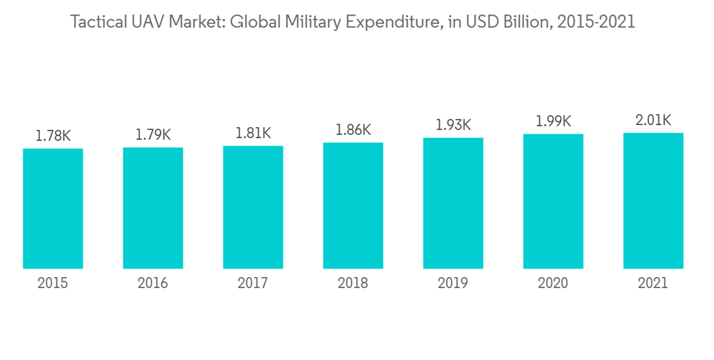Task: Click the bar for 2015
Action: coord(53,209)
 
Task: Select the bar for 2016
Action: coord(153,208)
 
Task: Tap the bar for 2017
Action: coord(253,207)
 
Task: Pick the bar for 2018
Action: coord(353,206)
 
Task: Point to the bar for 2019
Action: coord(453,204)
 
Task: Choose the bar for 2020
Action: coord(553,201)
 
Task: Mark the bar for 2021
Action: coord(653,201)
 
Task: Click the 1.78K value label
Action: coord(53,135)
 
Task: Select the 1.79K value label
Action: coord(153,134)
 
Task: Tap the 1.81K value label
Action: coord(253,133)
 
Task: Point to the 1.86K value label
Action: coord(353,130)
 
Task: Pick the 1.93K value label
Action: coord(453,125)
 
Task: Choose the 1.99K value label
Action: coord(553,121)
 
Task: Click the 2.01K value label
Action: coord(653,120)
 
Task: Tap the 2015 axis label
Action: coord(53,284)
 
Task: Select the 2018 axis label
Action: coord(353,284)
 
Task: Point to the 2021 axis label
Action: coord(653,284)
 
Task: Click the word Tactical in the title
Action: coord(96,23)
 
